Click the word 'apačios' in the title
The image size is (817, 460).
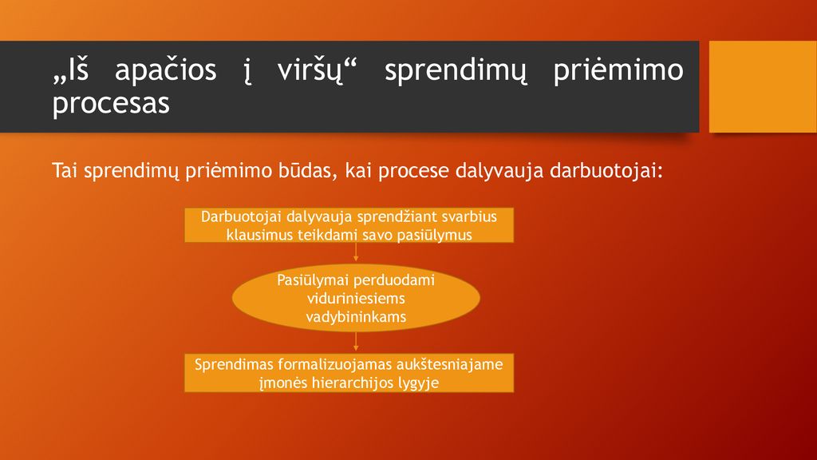165,71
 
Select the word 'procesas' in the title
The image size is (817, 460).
111,104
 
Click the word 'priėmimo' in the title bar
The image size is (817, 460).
618,71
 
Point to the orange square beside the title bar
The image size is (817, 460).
763,86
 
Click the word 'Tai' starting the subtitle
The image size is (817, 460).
65,171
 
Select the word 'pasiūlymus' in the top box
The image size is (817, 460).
435,236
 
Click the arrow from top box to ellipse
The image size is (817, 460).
356,252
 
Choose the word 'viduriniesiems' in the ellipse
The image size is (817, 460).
356,299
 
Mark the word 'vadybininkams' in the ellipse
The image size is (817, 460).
356,317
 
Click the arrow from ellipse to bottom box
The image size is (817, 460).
356,342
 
